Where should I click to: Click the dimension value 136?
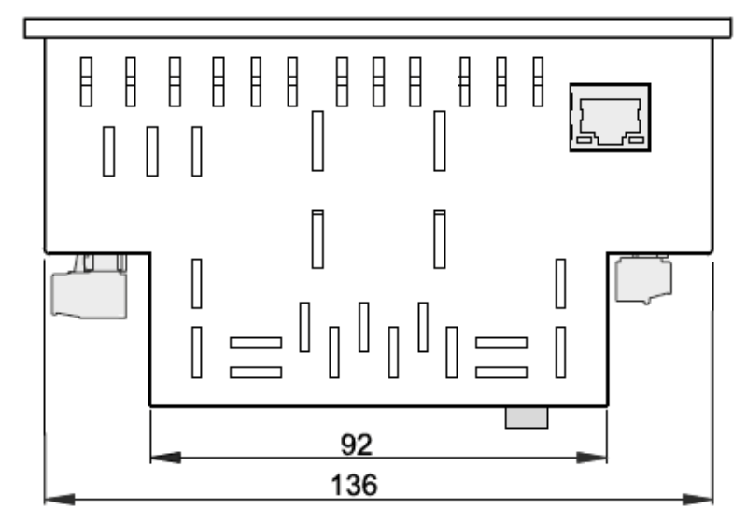coord(379,485)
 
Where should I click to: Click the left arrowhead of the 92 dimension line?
coord(164,459)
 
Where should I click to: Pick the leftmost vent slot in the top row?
coord(85,82)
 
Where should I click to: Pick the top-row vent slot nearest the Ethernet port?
coord(537,82)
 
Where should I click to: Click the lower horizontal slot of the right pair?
coord(500,373)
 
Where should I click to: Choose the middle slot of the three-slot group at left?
coord(152,151)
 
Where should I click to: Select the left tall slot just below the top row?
coord(317,141)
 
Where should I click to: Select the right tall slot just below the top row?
coord(439,141)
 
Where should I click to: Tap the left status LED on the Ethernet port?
coord(585,140)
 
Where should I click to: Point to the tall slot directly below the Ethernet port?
coord(561,284)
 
